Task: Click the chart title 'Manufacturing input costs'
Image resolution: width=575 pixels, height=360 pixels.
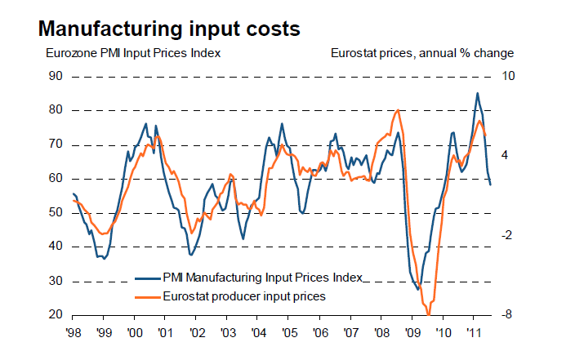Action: pyautogui.click(x=169, y=29)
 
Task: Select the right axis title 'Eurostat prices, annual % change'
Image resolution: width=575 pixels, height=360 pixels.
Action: pyautogui.click(x=421, y=54)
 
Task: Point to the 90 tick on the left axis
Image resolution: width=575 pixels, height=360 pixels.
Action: pyautogui.click(x=56, y=76)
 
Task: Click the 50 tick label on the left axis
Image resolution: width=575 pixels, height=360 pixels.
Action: pyautogui.click(x=56, y=212)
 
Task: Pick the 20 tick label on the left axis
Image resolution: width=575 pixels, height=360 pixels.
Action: pyautogui.click(x=56, y=314)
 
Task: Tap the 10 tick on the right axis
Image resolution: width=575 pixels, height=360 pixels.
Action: pyautogui.click(x=507, y=76)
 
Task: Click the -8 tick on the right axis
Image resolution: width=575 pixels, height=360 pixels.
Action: pyautogui.click(x=507, y=314)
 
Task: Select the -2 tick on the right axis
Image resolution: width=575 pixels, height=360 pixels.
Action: pyautogui.click(x=507, y=235)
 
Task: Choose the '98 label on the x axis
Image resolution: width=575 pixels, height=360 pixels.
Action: pyautogui.click(x=74, y=333)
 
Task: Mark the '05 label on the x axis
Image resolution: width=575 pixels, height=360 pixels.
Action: pyautogui.click(x=288, y=333)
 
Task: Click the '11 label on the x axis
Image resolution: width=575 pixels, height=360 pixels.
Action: pyautogui.click(x=473, y=333)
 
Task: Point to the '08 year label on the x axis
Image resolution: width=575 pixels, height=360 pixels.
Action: pyautogui.click(x=381, y=333)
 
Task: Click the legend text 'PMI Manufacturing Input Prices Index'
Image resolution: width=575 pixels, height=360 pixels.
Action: pyautogui.click(x=262, y=278)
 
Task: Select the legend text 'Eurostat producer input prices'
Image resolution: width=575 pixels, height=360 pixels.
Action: pyautogui.click(x=244, y=296)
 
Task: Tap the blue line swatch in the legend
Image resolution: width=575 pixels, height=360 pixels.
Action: pyautogui.click(x=147, y=278)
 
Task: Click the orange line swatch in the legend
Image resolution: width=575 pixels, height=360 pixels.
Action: pyautogui.click(x=147, y=296)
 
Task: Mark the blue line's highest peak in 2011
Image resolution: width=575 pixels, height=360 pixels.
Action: pyautogui.click(x=478, y=93)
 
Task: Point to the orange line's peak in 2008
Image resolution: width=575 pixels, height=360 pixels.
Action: pyautogui.click(x=397, y=110)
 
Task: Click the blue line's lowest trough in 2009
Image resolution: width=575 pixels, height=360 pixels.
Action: pyautogui.click(x=418, y=289)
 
